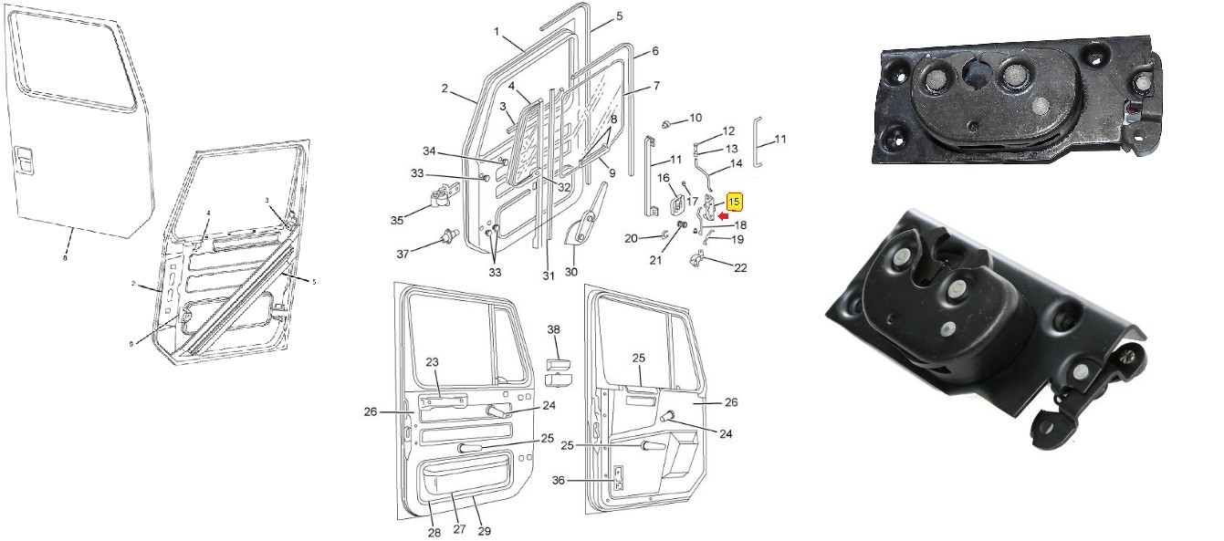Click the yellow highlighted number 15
coord(735,201)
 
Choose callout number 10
coord(695,118)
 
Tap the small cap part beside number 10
coord(667,122)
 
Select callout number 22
coord(740,267)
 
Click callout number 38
coord(554,329)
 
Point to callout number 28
coord(434,533)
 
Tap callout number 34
coord(455,151)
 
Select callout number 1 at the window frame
coord(497,32)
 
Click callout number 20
coord(631,238)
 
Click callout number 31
coord(548,276)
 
